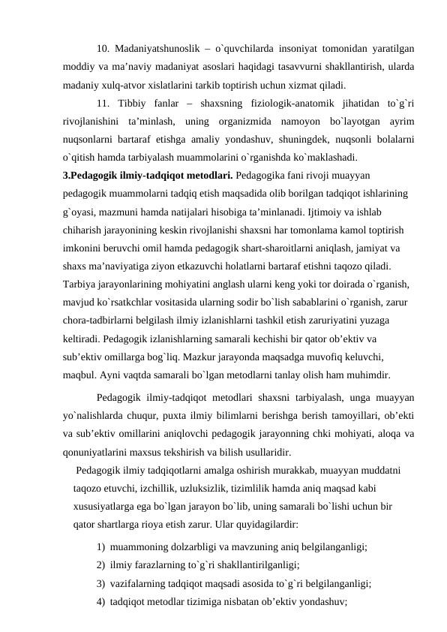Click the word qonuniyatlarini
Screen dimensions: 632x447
[95, 452]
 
